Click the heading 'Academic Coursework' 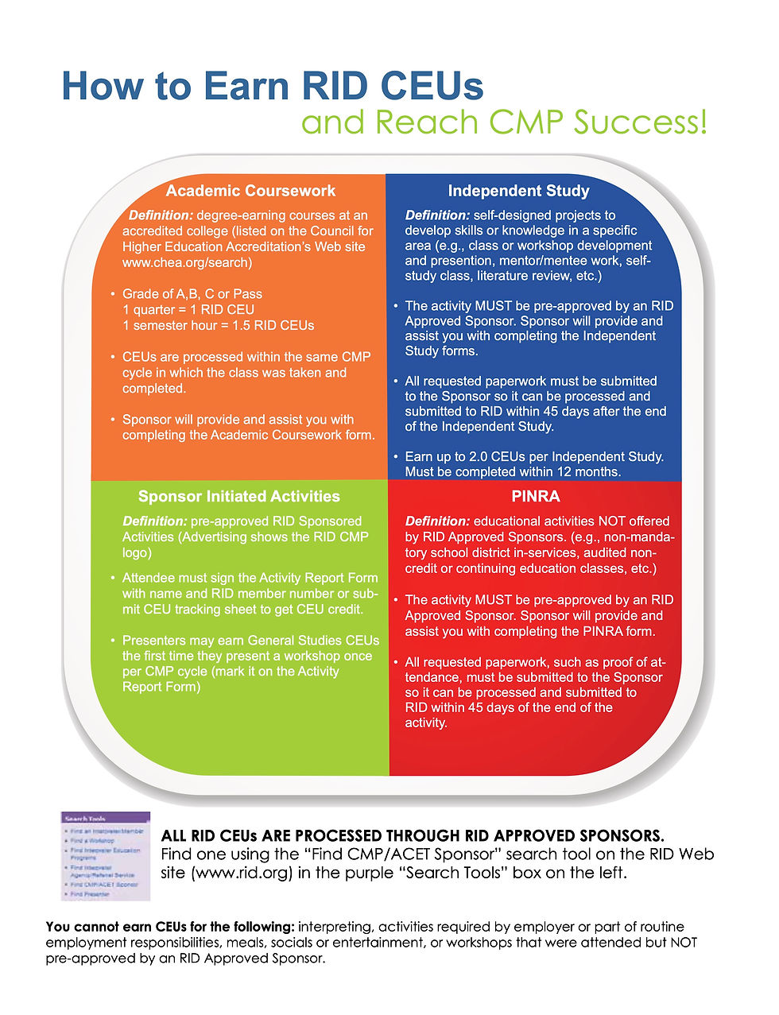[x=250, y=191]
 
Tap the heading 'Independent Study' [x=518, y=191]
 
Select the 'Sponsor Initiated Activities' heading [x=238, y=497]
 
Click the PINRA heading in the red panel [x=535, y=497]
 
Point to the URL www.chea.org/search [x=187, y=262]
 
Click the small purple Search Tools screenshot [x=105, y=855]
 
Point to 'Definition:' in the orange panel [x=161, y=215]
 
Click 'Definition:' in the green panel [x=154, y=521]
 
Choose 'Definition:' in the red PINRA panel [x=437, y=521]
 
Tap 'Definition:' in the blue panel [x=437, y=215]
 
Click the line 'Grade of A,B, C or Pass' [x=192, y=294]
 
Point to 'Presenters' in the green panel [x=153, y=641]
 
